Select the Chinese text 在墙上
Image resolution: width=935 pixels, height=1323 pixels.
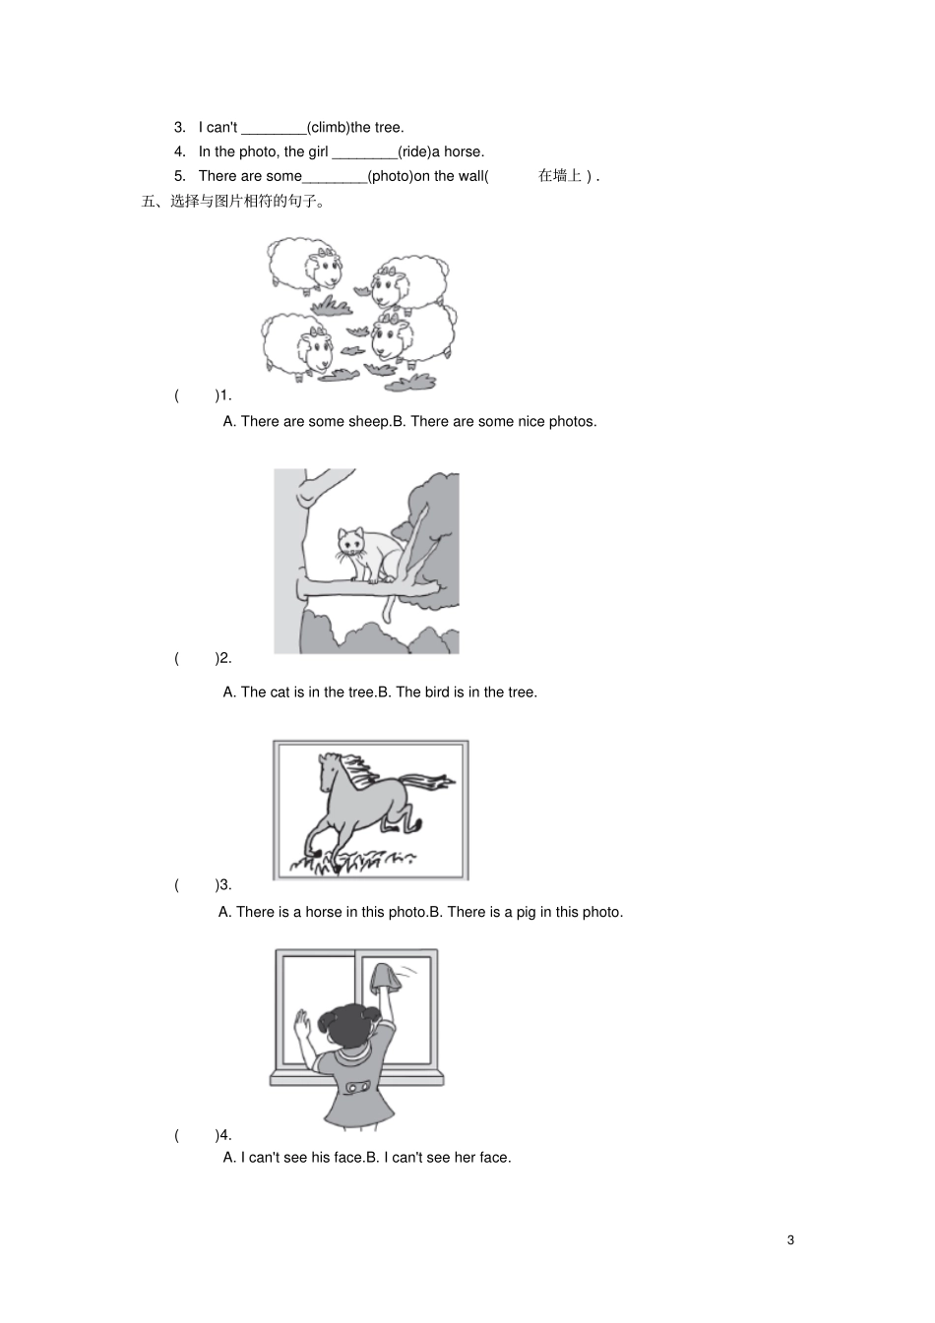click(x=560, y=176)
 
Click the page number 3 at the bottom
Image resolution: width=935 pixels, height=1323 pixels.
click(x=790, y=1239)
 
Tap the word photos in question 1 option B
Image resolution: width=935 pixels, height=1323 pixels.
click(x=572, y=421)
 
